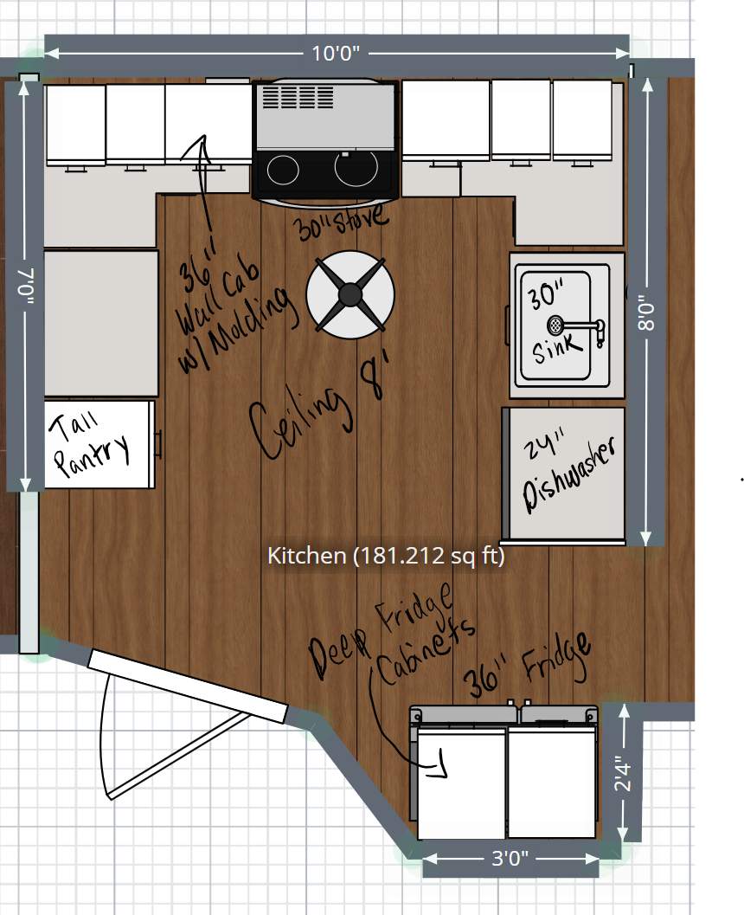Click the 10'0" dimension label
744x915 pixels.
[x=336, y=54]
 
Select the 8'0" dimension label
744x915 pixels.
[x=646, y=316]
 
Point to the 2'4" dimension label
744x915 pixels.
[x=623, y=774]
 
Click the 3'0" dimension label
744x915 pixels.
[x=510, y=858]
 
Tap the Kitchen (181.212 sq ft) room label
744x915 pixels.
[x=386, y=555]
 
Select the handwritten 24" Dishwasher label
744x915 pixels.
[x=567, y=473]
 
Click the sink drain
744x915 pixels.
[x=555, y=325]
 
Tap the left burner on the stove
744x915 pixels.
[x=283, y=170]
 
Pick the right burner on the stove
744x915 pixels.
[x=356, y=168]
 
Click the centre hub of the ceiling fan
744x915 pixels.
[x=350, y=294]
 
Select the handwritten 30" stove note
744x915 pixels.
[x=341, y=221]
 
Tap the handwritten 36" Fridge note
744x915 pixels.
[x=528, y=664]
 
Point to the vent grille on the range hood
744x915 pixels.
[x=298, y=96]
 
